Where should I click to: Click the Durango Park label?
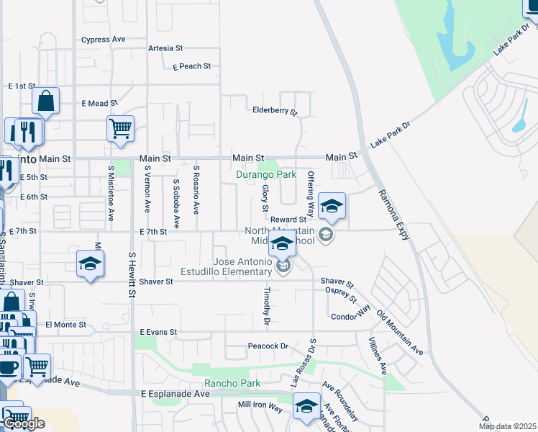click(266, 174)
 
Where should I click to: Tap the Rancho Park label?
click(227, 384)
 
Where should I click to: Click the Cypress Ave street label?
click(104, 40)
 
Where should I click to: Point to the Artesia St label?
click(165, 48)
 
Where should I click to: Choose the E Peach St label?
click(191, 66)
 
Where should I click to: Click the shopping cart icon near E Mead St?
click(121, 129)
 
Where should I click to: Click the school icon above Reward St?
click(332, 206)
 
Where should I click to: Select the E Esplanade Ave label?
click(175, 395)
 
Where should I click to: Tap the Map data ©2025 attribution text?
click(507, 426)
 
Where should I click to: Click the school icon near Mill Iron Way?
click(306, 406)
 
